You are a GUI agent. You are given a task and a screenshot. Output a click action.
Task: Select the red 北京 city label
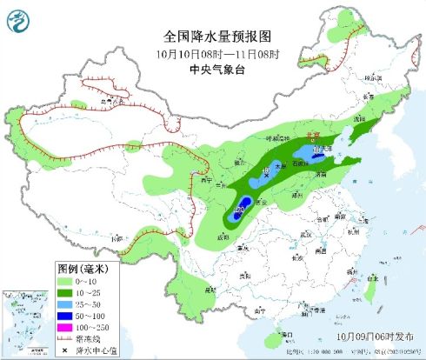309,136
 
